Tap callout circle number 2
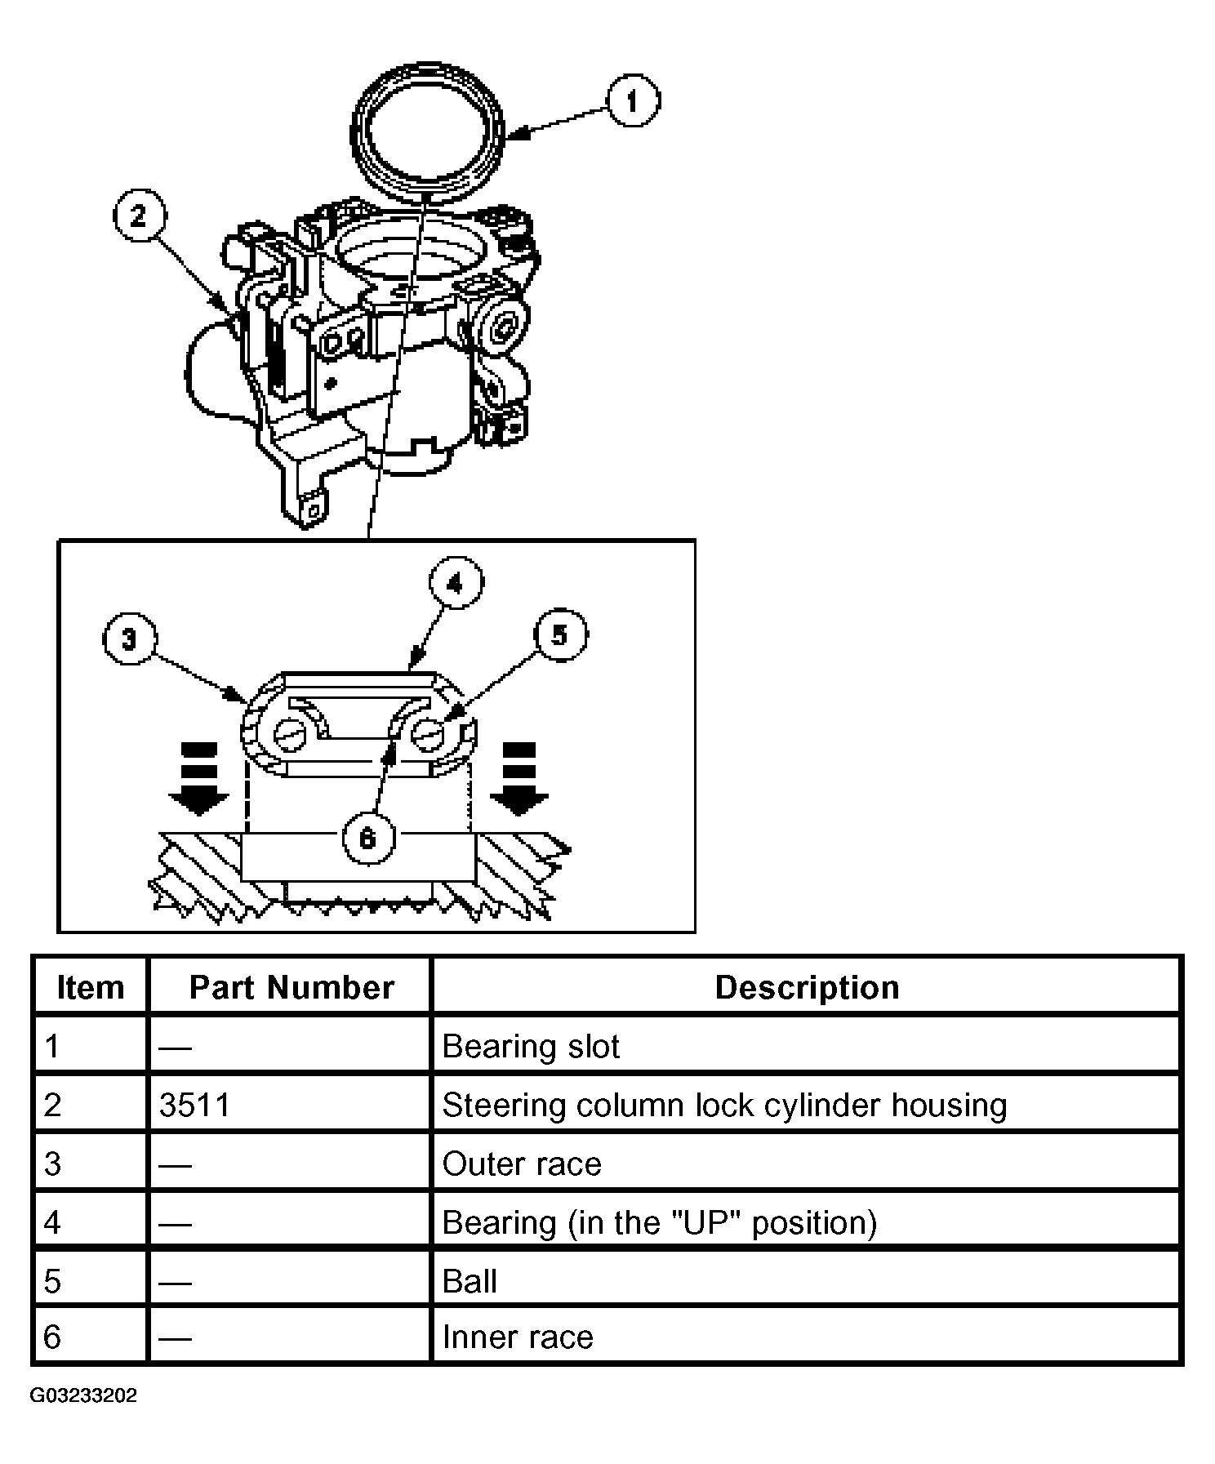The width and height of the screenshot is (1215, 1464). (x=139, y=216)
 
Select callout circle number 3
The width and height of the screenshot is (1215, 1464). (x=130, y=639)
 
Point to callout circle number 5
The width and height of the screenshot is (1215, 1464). (x=560, y=634)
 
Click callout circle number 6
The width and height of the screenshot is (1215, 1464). (x=368, y=838)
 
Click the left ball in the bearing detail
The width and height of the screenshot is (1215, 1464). (x=290, y=735)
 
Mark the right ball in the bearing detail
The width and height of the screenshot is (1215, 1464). (x=428, y=735)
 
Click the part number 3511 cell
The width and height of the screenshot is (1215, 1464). (x=195, y=1105)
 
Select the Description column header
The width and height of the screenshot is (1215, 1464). (x=807, y=987)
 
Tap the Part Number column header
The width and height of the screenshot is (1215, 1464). (x=292, y=987)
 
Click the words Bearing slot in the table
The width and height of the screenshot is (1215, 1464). (x=531, y=1046)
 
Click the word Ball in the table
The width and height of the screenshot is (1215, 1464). (x=470, y=1281)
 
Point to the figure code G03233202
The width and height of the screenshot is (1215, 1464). (x=83, y=1395)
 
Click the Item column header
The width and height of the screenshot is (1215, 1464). (x=90, y=987)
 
